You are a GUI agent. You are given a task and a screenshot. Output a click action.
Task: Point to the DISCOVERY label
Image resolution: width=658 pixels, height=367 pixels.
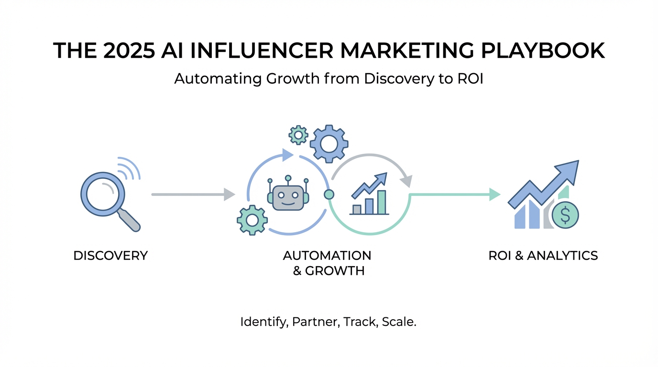[x=110, y=256]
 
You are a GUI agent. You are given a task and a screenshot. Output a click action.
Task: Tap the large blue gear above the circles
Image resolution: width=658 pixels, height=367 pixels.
[x=329, y=143]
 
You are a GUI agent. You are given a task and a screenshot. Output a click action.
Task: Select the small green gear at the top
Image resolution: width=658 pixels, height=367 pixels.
[x=299, y=135]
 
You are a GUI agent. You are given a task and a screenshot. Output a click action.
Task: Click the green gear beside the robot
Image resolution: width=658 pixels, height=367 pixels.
[x=252, y=219]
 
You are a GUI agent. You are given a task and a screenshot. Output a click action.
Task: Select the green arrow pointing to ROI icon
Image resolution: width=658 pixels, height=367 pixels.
[x=454, y=194]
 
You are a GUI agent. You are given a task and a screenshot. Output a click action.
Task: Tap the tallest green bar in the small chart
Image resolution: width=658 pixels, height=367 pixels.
[x=382, y=202]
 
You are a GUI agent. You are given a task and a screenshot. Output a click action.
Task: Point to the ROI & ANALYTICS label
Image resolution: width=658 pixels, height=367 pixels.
[x=543, y=256]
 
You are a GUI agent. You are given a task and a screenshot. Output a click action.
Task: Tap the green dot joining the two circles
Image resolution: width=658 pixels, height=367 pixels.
[x=329, y=194]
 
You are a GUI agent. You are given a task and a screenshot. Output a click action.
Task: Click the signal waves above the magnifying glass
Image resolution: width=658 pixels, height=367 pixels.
[x=129, y=168]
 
